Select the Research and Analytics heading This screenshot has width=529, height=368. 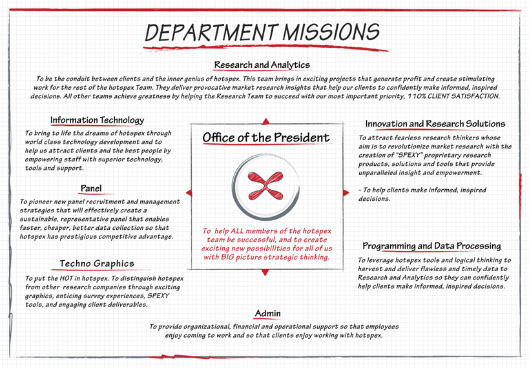point(262,65)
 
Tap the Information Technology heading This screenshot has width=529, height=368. point(97,120)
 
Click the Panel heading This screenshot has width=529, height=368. point(90,189)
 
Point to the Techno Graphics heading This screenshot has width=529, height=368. point(97,263)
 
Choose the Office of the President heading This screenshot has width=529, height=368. point(265,138)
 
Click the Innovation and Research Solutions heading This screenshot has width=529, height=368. point(435,123)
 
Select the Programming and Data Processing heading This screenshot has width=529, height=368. point(431,246)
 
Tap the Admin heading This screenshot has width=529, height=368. point(267,314)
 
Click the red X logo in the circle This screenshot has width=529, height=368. point(265,186)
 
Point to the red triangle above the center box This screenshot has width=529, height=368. point(265,121)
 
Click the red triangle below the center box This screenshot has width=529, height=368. point(265,272)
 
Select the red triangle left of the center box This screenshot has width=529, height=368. point(189,192)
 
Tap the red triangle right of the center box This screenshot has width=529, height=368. point(342,192)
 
